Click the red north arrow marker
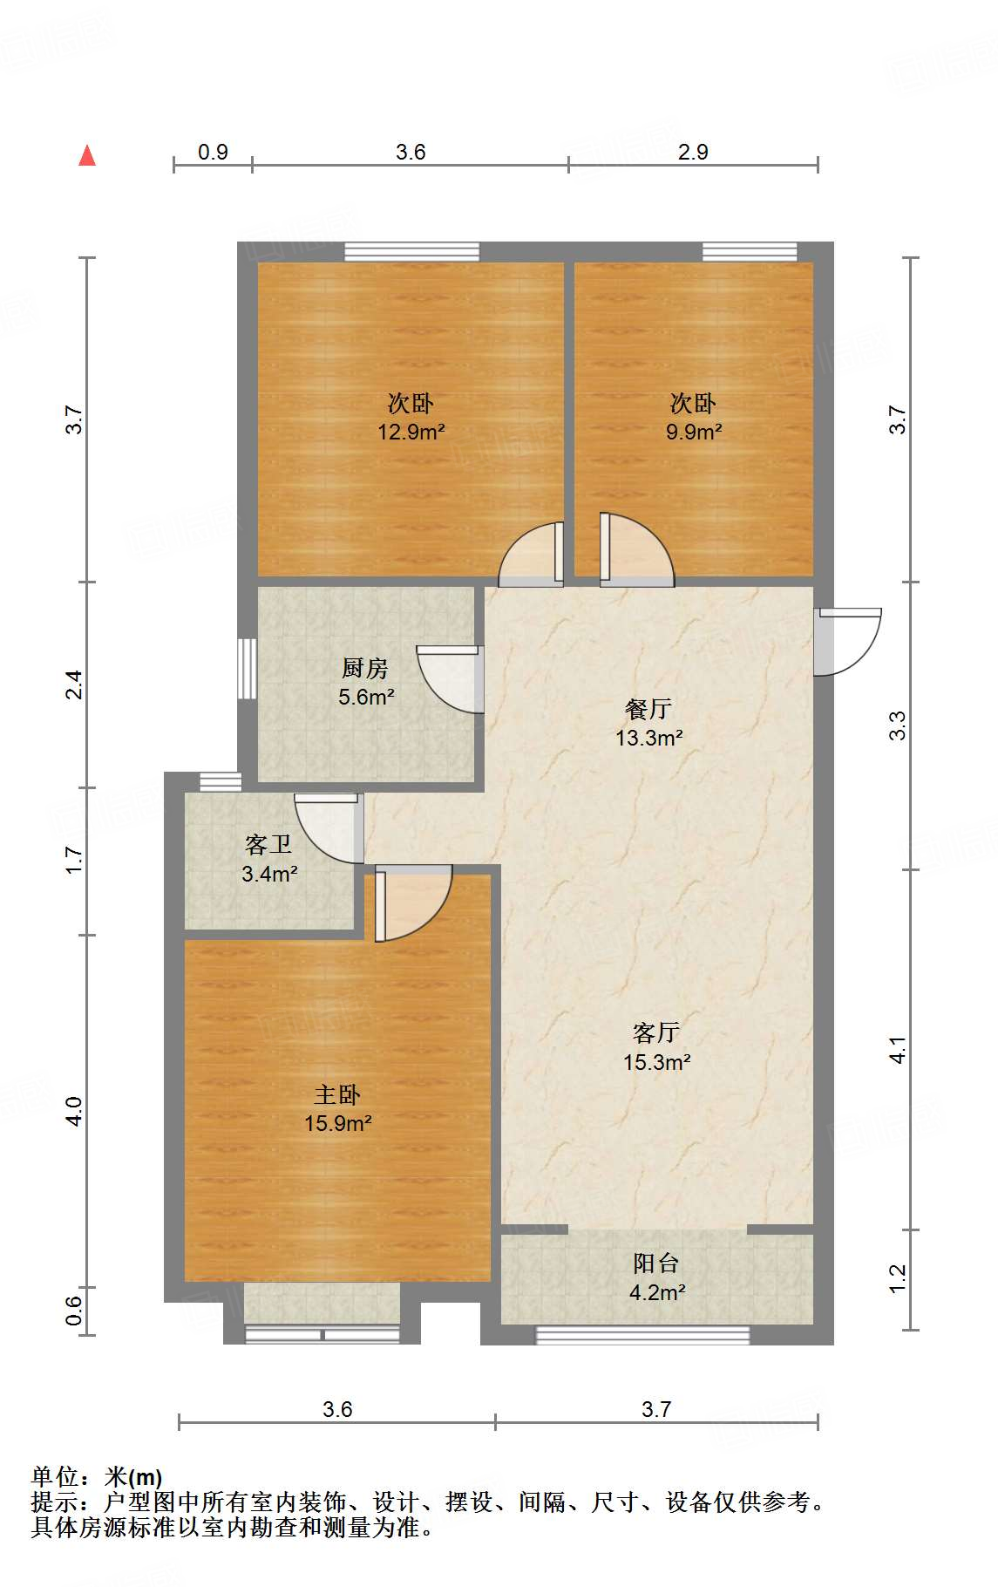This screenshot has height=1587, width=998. tap(87, 156)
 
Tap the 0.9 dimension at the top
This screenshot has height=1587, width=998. tap(213, 152)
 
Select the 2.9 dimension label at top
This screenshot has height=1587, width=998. tap(693, 152)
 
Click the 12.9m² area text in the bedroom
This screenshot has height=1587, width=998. tap(411, 432)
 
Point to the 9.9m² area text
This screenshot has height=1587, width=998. tap(694, 432)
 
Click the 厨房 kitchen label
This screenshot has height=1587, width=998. tap(364, 669)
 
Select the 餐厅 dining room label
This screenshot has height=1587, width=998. tap(648, 709)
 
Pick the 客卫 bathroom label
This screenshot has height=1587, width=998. tap(268, 845)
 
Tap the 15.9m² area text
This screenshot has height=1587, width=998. tap(338, 1123)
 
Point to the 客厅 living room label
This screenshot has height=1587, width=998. tap(656, 1033)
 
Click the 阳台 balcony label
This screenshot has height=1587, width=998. tap(656, 1263)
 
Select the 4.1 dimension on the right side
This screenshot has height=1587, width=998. tap(898, 1049)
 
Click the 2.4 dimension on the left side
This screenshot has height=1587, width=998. tap(75, 685)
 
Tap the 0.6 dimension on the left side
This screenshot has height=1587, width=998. tap(75, 1310)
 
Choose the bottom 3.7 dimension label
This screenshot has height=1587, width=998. tap(656, 1409)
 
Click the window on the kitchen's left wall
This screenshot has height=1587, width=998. tap(248, 669)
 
